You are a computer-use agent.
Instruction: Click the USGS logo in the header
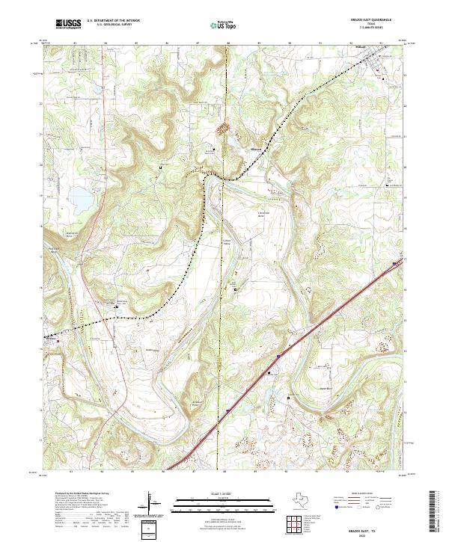[x=68, y=25]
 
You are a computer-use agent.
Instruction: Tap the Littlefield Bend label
[x=262, y=212]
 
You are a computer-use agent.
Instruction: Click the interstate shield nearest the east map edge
[x=394, y=263]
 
